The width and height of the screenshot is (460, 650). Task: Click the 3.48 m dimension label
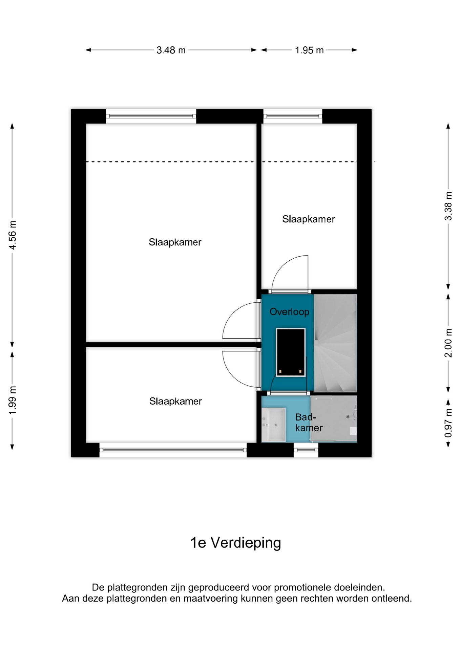coord(171,50)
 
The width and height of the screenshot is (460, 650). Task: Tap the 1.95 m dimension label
coord(309,50)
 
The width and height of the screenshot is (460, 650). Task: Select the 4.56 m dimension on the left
coord(13,235)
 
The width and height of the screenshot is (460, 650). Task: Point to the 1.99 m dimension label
coord(13,400)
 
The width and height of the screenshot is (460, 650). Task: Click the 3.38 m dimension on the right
coord(448,206)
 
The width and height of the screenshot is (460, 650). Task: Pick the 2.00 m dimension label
coord(448,343)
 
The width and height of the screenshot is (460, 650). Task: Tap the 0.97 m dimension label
coord(448,423)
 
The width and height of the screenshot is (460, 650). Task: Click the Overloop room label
coord(289,312)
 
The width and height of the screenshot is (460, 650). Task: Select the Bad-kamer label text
coord(308,422)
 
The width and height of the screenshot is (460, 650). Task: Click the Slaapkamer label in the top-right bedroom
coord(309,219)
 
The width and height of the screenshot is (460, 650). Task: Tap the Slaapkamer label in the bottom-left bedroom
coord(175,402)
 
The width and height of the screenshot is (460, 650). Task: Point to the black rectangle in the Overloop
coord(291,352)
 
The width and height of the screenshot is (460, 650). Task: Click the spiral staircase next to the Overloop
coord(335,343)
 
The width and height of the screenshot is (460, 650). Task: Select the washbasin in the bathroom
coord(274,425)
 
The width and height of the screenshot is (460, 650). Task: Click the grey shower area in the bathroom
coord(334,418)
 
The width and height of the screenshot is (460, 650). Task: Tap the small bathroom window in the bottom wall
coord(306,450)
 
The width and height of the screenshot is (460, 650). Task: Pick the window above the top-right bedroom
coord(293,116)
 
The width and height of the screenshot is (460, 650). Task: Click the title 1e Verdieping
coord(236,543)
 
